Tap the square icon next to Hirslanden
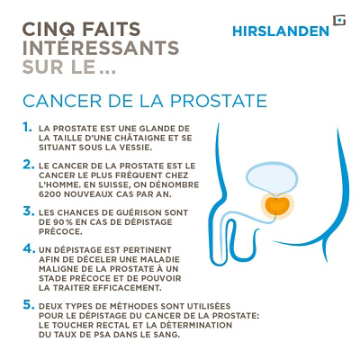[x=337, y=21]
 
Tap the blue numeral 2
[x=27, y=166]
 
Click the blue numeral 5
[x=27, y=305]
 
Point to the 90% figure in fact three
[x=60, y=221]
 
